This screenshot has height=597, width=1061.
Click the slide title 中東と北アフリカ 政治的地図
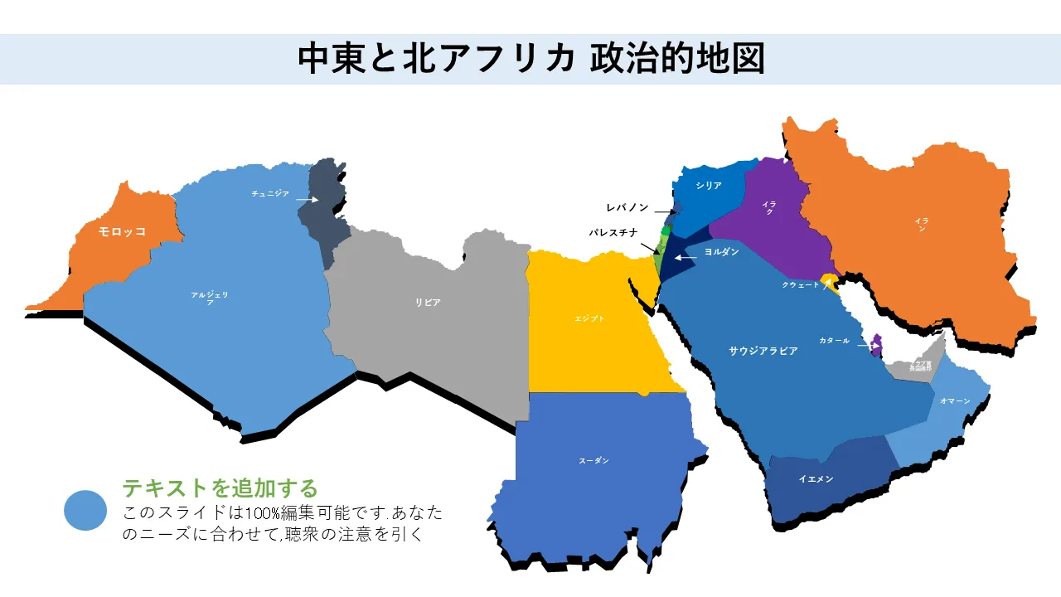[530, 59]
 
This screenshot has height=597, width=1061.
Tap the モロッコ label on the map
[122, 231]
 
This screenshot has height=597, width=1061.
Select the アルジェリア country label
[209, 298]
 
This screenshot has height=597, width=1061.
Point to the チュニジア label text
[270, 193]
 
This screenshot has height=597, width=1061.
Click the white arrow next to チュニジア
[307, 200]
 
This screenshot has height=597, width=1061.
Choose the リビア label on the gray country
[428, 303]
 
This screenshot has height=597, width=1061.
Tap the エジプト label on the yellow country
[589, 318]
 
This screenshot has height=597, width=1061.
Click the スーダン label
[593, 460]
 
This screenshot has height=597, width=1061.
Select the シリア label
[709, 186]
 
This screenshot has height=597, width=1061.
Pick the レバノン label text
[627, 207]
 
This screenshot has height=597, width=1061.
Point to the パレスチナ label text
[613, 233]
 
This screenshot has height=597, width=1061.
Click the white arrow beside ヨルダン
[686, 258]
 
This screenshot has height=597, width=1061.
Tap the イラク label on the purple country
[769, 207]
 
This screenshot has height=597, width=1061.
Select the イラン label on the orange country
[921, 224]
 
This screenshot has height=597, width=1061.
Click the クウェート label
[801, 284]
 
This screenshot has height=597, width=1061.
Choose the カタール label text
[834, 341]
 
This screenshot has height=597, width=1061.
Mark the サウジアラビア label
[763, 351]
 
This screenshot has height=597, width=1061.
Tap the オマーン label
[955, 400]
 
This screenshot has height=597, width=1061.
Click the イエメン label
[816, 478]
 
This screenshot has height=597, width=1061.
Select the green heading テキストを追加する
[220, 488]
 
